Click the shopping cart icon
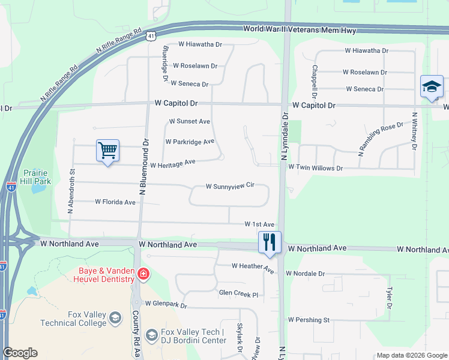(107, 151)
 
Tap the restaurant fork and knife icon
(269, 242)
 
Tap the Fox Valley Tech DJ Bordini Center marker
(152, 334)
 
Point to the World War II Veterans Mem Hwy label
(300, 29)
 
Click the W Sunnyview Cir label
(231, 187)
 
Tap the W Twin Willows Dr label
(315, 169)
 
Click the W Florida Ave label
(115, 202)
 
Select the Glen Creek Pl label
(238, 295)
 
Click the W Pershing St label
(309, 320)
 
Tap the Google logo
(20, 353)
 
